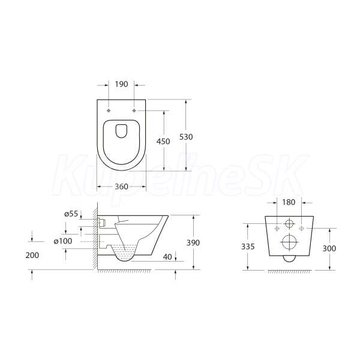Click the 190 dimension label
point(121,84)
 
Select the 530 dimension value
point(186,137)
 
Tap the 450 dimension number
point(163,142)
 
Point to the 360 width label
point(121,187)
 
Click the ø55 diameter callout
point(71,214)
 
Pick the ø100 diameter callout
point(63,241)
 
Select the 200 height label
point(32,255)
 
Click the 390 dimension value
point(193,242)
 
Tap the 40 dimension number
point(167,257)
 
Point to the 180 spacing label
point(289,202)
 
